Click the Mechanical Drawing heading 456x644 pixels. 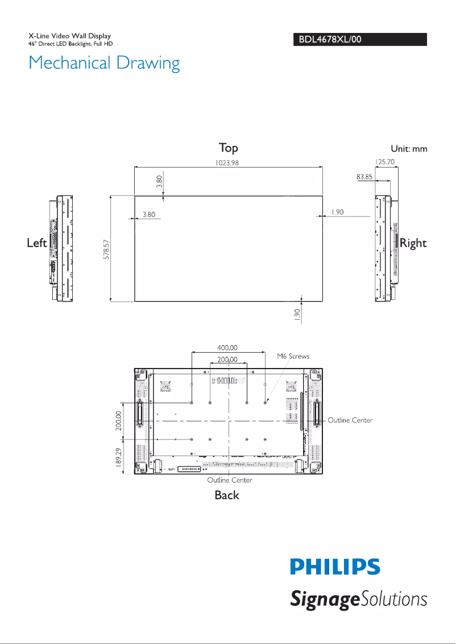(104, 63)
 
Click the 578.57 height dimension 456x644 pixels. (106, 249)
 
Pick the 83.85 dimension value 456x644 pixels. (364, 177)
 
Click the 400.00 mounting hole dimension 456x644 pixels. (227, 348)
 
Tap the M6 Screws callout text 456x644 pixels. (293, 357)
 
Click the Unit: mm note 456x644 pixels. (408, 149)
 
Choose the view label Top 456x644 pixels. (229, 148)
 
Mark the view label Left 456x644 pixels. (37, 243)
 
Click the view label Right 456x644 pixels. (413, 243)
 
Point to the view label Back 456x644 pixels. (227, 495)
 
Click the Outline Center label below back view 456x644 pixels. (229, 480)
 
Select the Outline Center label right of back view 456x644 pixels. (350, 420)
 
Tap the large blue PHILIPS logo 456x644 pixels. (335, 567)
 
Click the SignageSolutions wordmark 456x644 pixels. (359, 599)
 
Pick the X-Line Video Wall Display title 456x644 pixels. (69, 36)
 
